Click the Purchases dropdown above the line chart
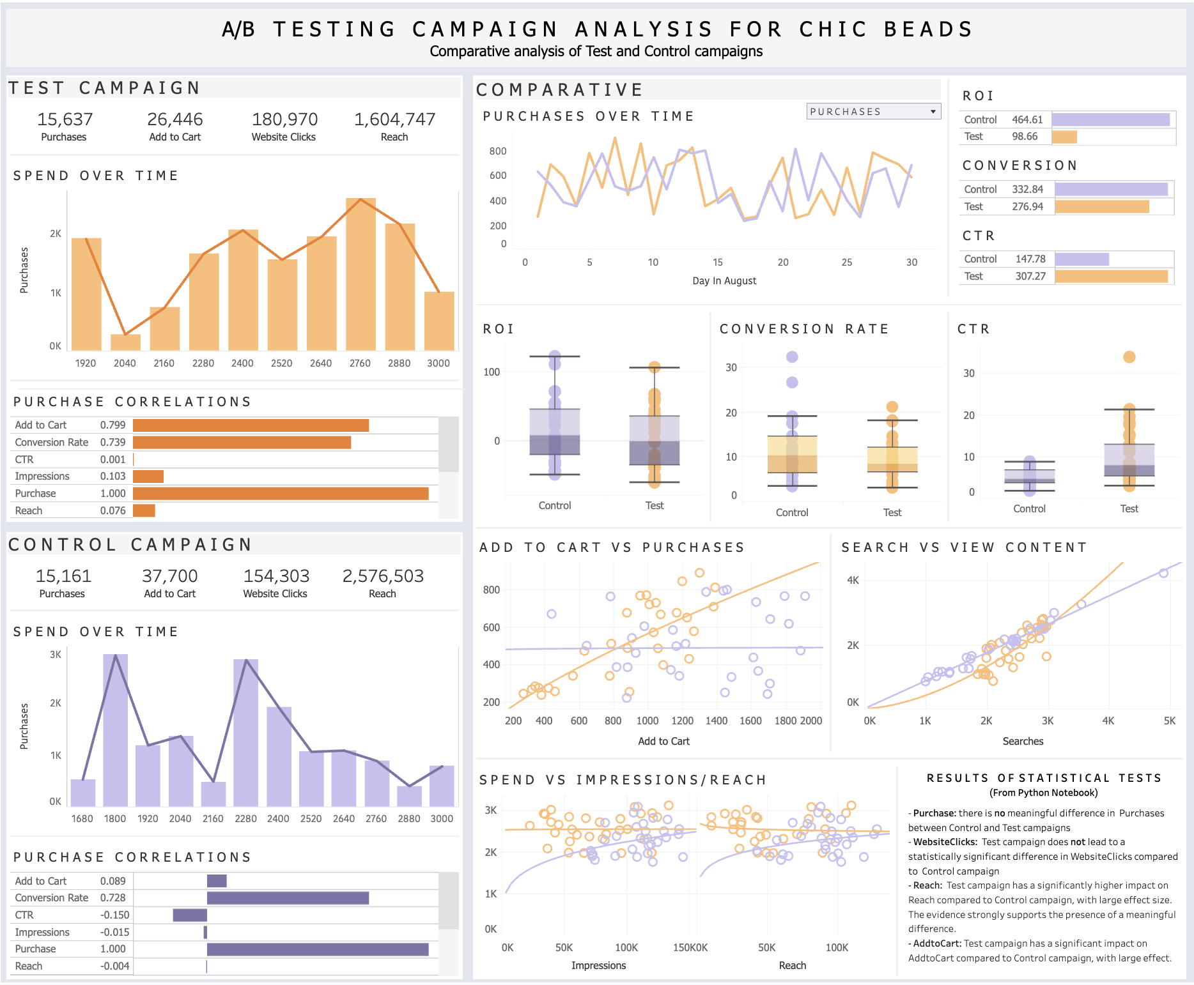pyautogui.click(x=873, y=112)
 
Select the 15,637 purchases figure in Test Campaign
pyautogui.click(x=65, y=119)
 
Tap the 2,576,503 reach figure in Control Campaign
pyautogui.click(x=383, y=576)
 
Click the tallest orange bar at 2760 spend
pyautogui.click(x=361, y=275)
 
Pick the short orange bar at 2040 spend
pyautogui.click(x=125, y=342)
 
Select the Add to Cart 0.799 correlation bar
pyautogui.click(x=251, y=425)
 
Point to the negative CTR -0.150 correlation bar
pyautogui.click(x=190, y=915)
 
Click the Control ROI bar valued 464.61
pyautogui.click(x=1110, y=119)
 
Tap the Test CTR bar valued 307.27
pyautogui.click(x=1111, y=276)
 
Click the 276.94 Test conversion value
pyautogui.click(x=1027, y=206)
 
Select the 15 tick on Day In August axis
pyautogui.click(x=718, y=262)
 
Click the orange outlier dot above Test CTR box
pyautogui.click(x=1129, y=357)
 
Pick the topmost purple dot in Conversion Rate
pyautogui.click(x=792, y=357)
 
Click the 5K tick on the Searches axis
pyautogui.click(x=1169, y=721)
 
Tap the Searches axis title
pyautogui.click(x=1023, y=741)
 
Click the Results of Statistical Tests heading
pyautogui.click(x=1044, y=778)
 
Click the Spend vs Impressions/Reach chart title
pyautogui.click(x=623, y=780)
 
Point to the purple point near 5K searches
pyautogui.click(x=1163, y=573)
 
